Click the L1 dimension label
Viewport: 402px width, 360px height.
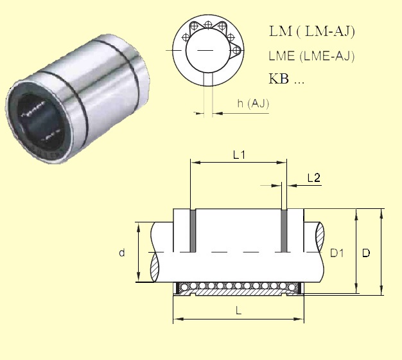[x=239, y=155]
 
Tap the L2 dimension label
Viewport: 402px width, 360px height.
[x=314, y=178]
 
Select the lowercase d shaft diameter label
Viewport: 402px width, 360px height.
[x=122, y=253]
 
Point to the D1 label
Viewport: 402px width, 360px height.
[x=337, y=253]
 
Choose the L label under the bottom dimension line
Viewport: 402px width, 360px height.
[x=238, y=310]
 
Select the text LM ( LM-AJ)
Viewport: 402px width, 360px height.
[x=310, y=32]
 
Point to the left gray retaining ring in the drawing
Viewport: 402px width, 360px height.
[x=191, y=231]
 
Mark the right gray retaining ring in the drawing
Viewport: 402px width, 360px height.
[x=283, y=231]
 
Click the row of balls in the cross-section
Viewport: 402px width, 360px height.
[x=238, y=285]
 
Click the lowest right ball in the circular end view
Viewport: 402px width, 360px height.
[x=237, y=50]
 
